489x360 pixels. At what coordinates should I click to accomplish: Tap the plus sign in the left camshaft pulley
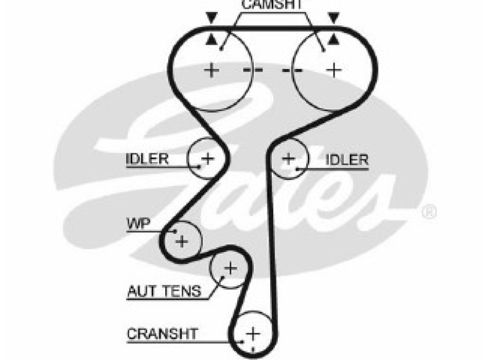212,70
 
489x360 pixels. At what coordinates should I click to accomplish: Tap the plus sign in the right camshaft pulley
335,70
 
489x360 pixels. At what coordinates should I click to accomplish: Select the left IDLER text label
147,158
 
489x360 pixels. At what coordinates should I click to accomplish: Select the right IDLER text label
347,159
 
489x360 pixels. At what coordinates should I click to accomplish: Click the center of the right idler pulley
289,158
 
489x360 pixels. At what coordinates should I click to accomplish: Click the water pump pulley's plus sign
182,241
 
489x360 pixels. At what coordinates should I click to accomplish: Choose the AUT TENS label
164,292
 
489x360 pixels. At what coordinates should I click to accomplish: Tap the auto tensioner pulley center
230,268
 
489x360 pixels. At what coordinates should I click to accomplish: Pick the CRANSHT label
162,334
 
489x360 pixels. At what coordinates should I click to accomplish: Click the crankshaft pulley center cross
252,334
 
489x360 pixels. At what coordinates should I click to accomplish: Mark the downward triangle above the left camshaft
211,19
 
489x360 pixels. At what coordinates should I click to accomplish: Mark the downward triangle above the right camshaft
335,19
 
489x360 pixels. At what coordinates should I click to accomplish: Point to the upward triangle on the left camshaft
211,40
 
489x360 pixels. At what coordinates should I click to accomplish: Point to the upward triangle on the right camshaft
335,40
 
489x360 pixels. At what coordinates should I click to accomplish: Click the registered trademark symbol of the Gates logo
429,211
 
